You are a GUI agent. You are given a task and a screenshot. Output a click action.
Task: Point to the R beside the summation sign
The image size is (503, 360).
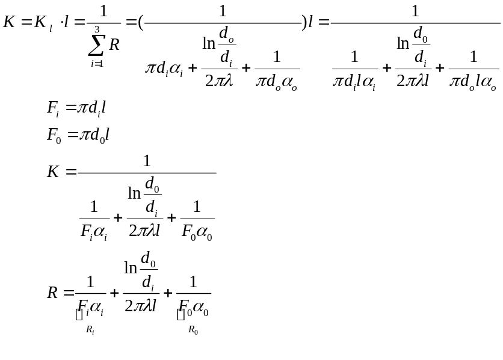point(114,44)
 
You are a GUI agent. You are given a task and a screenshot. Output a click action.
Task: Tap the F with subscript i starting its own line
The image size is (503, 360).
point(53,108)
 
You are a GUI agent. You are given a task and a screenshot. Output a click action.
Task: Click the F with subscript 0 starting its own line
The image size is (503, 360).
point(54,134)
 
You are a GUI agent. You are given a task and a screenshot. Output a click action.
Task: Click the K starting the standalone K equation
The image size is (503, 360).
point(54,172)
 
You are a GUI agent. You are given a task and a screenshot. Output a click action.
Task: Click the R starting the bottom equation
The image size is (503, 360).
point(53,293)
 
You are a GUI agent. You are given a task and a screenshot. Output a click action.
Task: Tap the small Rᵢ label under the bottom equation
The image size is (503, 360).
point(90,330)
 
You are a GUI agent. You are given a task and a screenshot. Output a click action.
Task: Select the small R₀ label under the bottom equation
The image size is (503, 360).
point(193,330)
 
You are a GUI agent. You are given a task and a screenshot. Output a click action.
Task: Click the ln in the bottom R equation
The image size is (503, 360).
point(131,267)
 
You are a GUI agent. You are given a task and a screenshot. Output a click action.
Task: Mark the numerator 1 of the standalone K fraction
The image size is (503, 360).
point(147,161)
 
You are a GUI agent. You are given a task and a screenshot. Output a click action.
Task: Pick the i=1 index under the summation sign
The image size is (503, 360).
point(96,63)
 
